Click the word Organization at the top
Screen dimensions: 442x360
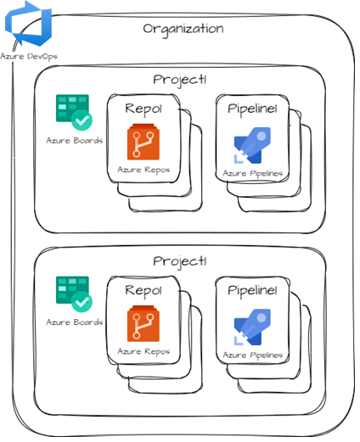[x=183, y=28]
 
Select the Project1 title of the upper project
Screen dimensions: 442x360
[x=180, y=79]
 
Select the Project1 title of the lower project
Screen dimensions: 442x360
[x=180, y=260]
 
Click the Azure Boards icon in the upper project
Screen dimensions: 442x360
[x=74, y=112]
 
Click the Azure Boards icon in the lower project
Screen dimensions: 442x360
[x=74, y=294]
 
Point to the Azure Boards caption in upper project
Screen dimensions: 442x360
[x=75, y=140]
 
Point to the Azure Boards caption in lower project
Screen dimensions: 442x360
[x=75, y=322]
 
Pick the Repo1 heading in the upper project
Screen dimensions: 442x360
[x=143, y=109]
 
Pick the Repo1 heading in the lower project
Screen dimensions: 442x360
[x=143, y=290]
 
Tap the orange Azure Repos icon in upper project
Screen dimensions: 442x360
[x=143, y=143]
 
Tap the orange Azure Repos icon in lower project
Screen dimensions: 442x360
[x=143, y=324]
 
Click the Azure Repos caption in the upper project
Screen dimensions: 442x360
[x=143, y=170]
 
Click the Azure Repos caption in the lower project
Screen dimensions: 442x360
[x=143, y=351]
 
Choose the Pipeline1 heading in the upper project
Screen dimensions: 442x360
[x=253, y=109]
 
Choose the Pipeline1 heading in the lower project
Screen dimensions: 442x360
[x=253, y=290]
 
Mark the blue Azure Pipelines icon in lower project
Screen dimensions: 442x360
[x=252, y=327]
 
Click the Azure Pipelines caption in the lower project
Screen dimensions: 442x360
[x=253, y=355]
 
